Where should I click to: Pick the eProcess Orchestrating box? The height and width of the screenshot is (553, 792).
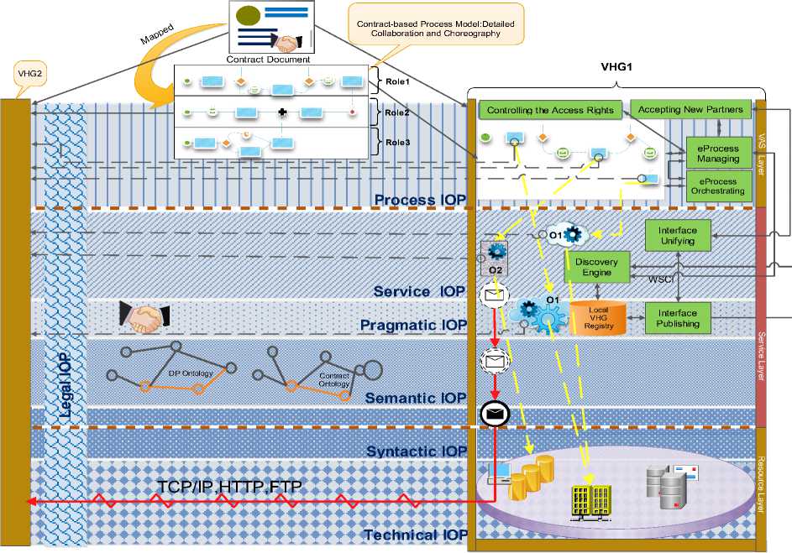pyautogui.click(x=718, y=185)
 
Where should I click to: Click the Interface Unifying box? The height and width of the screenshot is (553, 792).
pyautogui.click(x=676, y=234)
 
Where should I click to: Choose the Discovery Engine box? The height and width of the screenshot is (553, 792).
pyautogui.click(x=595, y=267)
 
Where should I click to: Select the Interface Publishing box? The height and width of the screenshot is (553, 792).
pyautogui.click(x=677, y=318)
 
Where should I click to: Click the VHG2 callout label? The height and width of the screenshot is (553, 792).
pyautogui.click(x=30, y=73)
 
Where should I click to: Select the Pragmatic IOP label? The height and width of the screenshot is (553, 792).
pyautogui.click(x=412, y=325)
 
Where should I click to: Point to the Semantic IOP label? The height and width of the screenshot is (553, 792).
pyautogui.click(x=416, y=398)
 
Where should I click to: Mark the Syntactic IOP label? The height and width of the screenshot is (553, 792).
pyautogui.click(x=416, y=452)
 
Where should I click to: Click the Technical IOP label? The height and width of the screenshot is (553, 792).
pyautogui.click(x=416, y=535)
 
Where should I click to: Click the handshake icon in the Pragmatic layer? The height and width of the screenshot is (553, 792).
pyautogui.click(x=144, y=316)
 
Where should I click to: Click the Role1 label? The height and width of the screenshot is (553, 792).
pyautogui.click(x=396, y=81)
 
